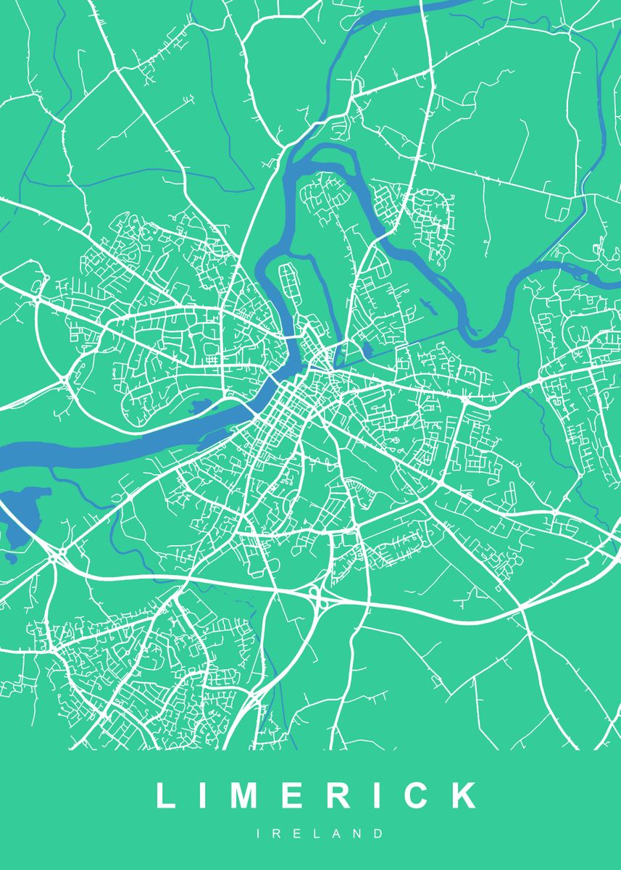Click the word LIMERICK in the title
pyautogui.click(x=317, y=795)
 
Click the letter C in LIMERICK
pyautogui.click(x=418, y=795)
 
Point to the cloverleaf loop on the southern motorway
pyautogui.click(x=316, y=596)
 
